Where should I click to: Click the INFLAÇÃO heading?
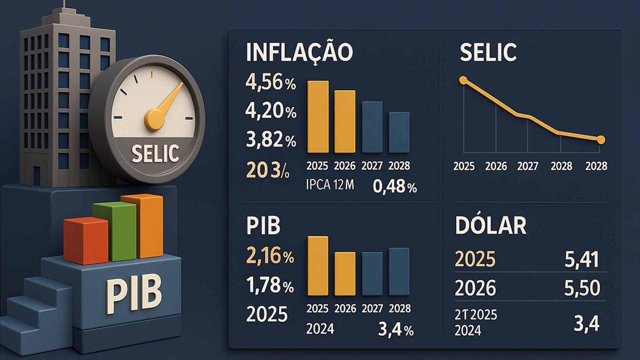(x=299, y=52)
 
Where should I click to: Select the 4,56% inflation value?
(x=270, y=83)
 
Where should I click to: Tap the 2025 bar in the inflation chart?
(x=317, y=116)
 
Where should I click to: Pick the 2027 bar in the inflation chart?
(x=372, y=127)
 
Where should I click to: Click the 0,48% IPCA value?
(x=394, y=187)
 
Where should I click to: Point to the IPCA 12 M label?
(x=329, y=185)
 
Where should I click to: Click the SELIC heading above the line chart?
(x=488, y=52)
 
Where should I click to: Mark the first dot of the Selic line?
(x=463, y=80)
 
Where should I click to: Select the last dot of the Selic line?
(x=601, y=139)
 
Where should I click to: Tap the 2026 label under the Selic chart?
(x=495, y=166)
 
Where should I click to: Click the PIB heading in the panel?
(x=263, y=226)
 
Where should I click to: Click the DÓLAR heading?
(x=490, y=226)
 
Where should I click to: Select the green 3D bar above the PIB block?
(x=114, y=231)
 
